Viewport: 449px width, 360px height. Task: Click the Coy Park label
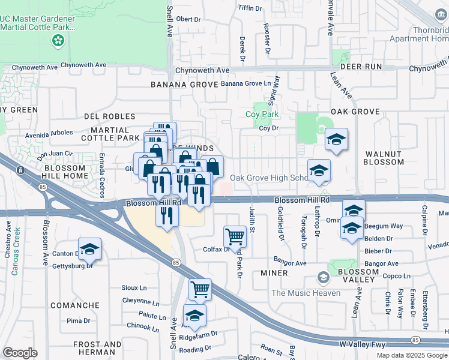pyautogui.click(x=262, y=114)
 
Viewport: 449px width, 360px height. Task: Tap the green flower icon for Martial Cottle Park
pyautogui.click(x=58, y=41)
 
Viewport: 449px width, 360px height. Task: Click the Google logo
pyautogui.click(x=20, y=352)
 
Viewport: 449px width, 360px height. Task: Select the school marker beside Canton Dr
pyautogui.click(x=89, y=249)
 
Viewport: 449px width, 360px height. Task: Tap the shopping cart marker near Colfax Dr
pyautogui.click(x=235, y=236)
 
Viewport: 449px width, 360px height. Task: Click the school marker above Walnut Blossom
pyautogui.click(x=336, y=140)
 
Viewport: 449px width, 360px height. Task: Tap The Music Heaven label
pyautogui.click(x=306, y=293)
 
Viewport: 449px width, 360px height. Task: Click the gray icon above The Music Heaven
pyautogui.click(x=324, y=278)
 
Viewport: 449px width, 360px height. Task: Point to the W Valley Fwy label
pyautogui.click(x=360, y=344)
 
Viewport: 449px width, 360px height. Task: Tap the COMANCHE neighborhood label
pyautogui.click(x=74, y=305)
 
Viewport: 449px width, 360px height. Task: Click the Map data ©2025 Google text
pyautogui.click(x=411, y=355)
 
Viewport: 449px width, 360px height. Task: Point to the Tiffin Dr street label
pyautogui.click(x=250, y=8)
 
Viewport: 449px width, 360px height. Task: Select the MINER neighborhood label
pyautogui.click(x=274, y=273)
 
